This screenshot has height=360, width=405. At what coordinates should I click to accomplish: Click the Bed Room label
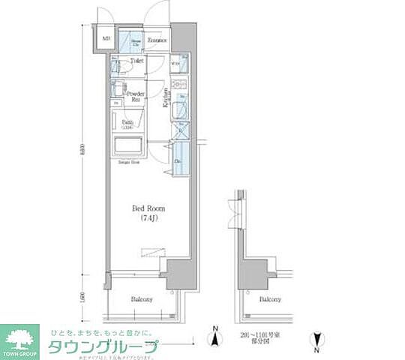(149, 208)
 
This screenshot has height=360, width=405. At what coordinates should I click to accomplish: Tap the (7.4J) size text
(149, 218)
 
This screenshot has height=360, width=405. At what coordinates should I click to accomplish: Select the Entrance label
(156, 40)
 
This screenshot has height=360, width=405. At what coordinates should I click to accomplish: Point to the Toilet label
(136, 61)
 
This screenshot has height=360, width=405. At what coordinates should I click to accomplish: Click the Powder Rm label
(136, 96)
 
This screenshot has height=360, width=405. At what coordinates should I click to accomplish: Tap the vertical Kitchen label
(166, 98)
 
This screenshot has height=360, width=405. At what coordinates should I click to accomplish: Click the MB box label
(105, 40)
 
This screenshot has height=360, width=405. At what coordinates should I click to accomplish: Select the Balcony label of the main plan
(142, 298)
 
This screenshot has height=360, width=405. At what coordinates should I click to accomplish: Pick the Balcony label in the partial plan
(271, 298)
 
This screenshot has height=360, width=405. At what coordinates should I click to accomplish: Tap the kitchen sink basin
(181, 110)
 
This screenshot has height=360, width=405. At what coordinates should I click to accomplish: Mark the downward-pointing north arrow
(317, 340)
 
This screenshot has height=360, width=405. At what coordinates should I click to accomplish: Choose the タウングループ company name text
(103, 346)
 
